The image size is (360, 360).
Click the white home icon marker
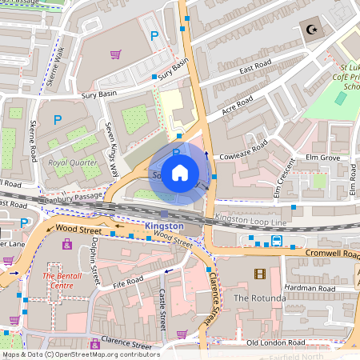(x=180, y=172)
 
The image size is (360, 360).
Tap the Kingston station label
(x=164, y=226)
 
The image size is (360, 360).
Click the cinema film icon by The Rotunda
(x=259, y=274)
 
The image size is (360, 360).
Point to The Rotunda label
(x=259, y=298)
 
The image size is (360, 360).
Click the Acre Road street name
(x=238, y=104)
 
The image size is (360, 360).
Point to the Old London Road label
(x=276, y=342)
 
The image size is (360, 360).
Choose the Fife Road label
(x=127, y=282)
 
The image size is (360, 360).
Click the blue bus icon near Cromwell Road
(x=277, y=240)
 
